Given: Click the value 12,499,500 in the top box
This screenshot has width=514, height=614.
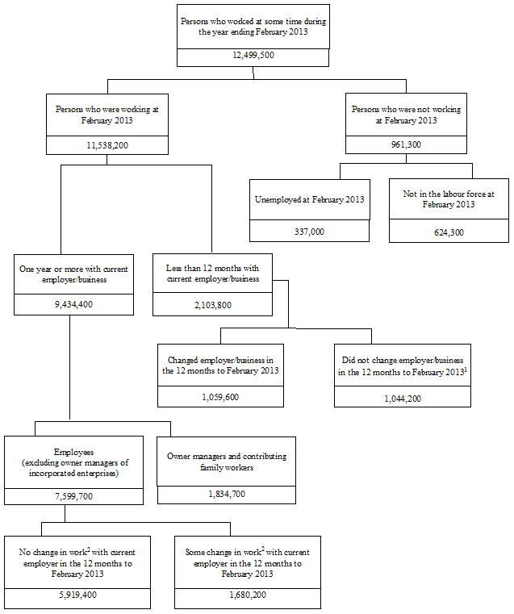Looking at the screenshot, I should click(253, 58).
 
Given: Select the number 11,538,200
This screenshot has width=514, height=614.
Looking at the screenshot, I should click(107, 144).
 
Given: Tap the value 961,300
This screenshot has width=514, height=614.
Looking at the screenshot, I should click(405, 144).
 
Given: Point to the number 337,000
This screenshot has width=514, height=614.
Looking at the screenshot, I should click(309, 231).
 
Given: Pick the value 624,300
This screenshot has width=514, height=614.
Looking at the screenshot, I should click(449, 232).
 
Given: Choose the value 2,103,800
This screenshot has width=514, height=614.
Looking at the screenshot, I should click(212, 305).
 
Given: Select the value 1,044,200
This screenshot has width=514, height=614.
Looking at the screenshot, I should click(403, 398).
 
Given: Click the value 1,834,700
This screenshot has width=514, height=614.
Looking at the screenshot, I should click(226, 494).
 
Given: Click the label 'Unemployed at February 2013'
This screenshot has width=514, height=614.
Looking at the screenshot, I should click(309, 199).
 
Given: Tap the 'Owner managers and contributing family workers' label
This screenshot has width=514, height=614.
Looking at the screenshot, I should click(226, 462).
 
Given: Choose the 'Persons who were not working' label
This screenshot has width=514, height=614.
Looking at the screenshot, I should click(405, 114).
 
